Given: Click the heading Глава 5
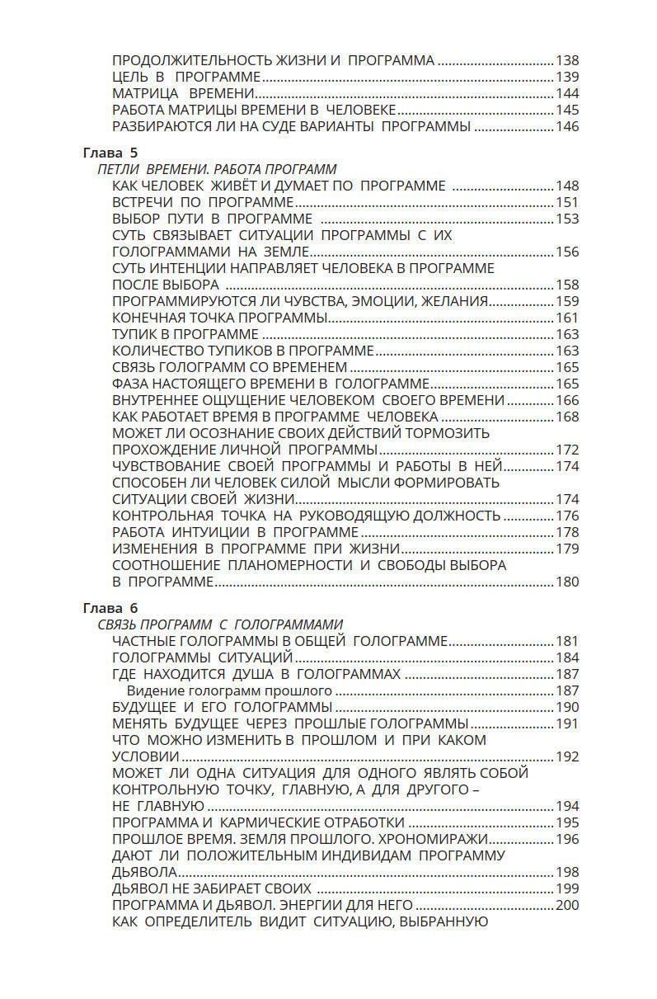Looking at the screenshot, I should click(x=110, y=153).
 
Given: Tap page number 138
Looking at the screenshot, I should click(x=567, y=60).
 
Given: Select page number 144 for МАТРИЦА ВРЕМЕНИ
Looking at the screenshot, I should click(x=567, y=93).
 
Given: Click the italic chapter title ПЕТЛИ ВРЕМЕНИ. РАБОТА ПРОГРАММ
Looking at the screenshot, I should click(x=217, y=169).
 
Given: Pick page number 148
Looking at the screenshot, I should click(x=567, y=186).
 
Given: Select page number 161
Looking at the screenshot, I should click(x=567, y=318).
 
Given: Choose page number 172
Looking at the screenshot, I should click(x=567, y=450).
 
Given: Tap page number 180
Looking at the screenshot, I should click(x=567, y=582).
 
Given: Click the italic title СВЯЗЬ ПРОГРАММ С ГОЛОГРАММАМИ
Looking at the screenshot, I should click(x=220, y=624).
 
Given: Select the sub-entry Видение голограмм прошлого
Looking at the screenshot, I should click(x=229, y=690).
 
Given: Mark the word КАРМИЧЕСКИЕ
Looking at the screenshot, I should click(x=276, y=822).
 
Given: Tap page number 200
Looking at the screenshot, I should click(x=567, y=905).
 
